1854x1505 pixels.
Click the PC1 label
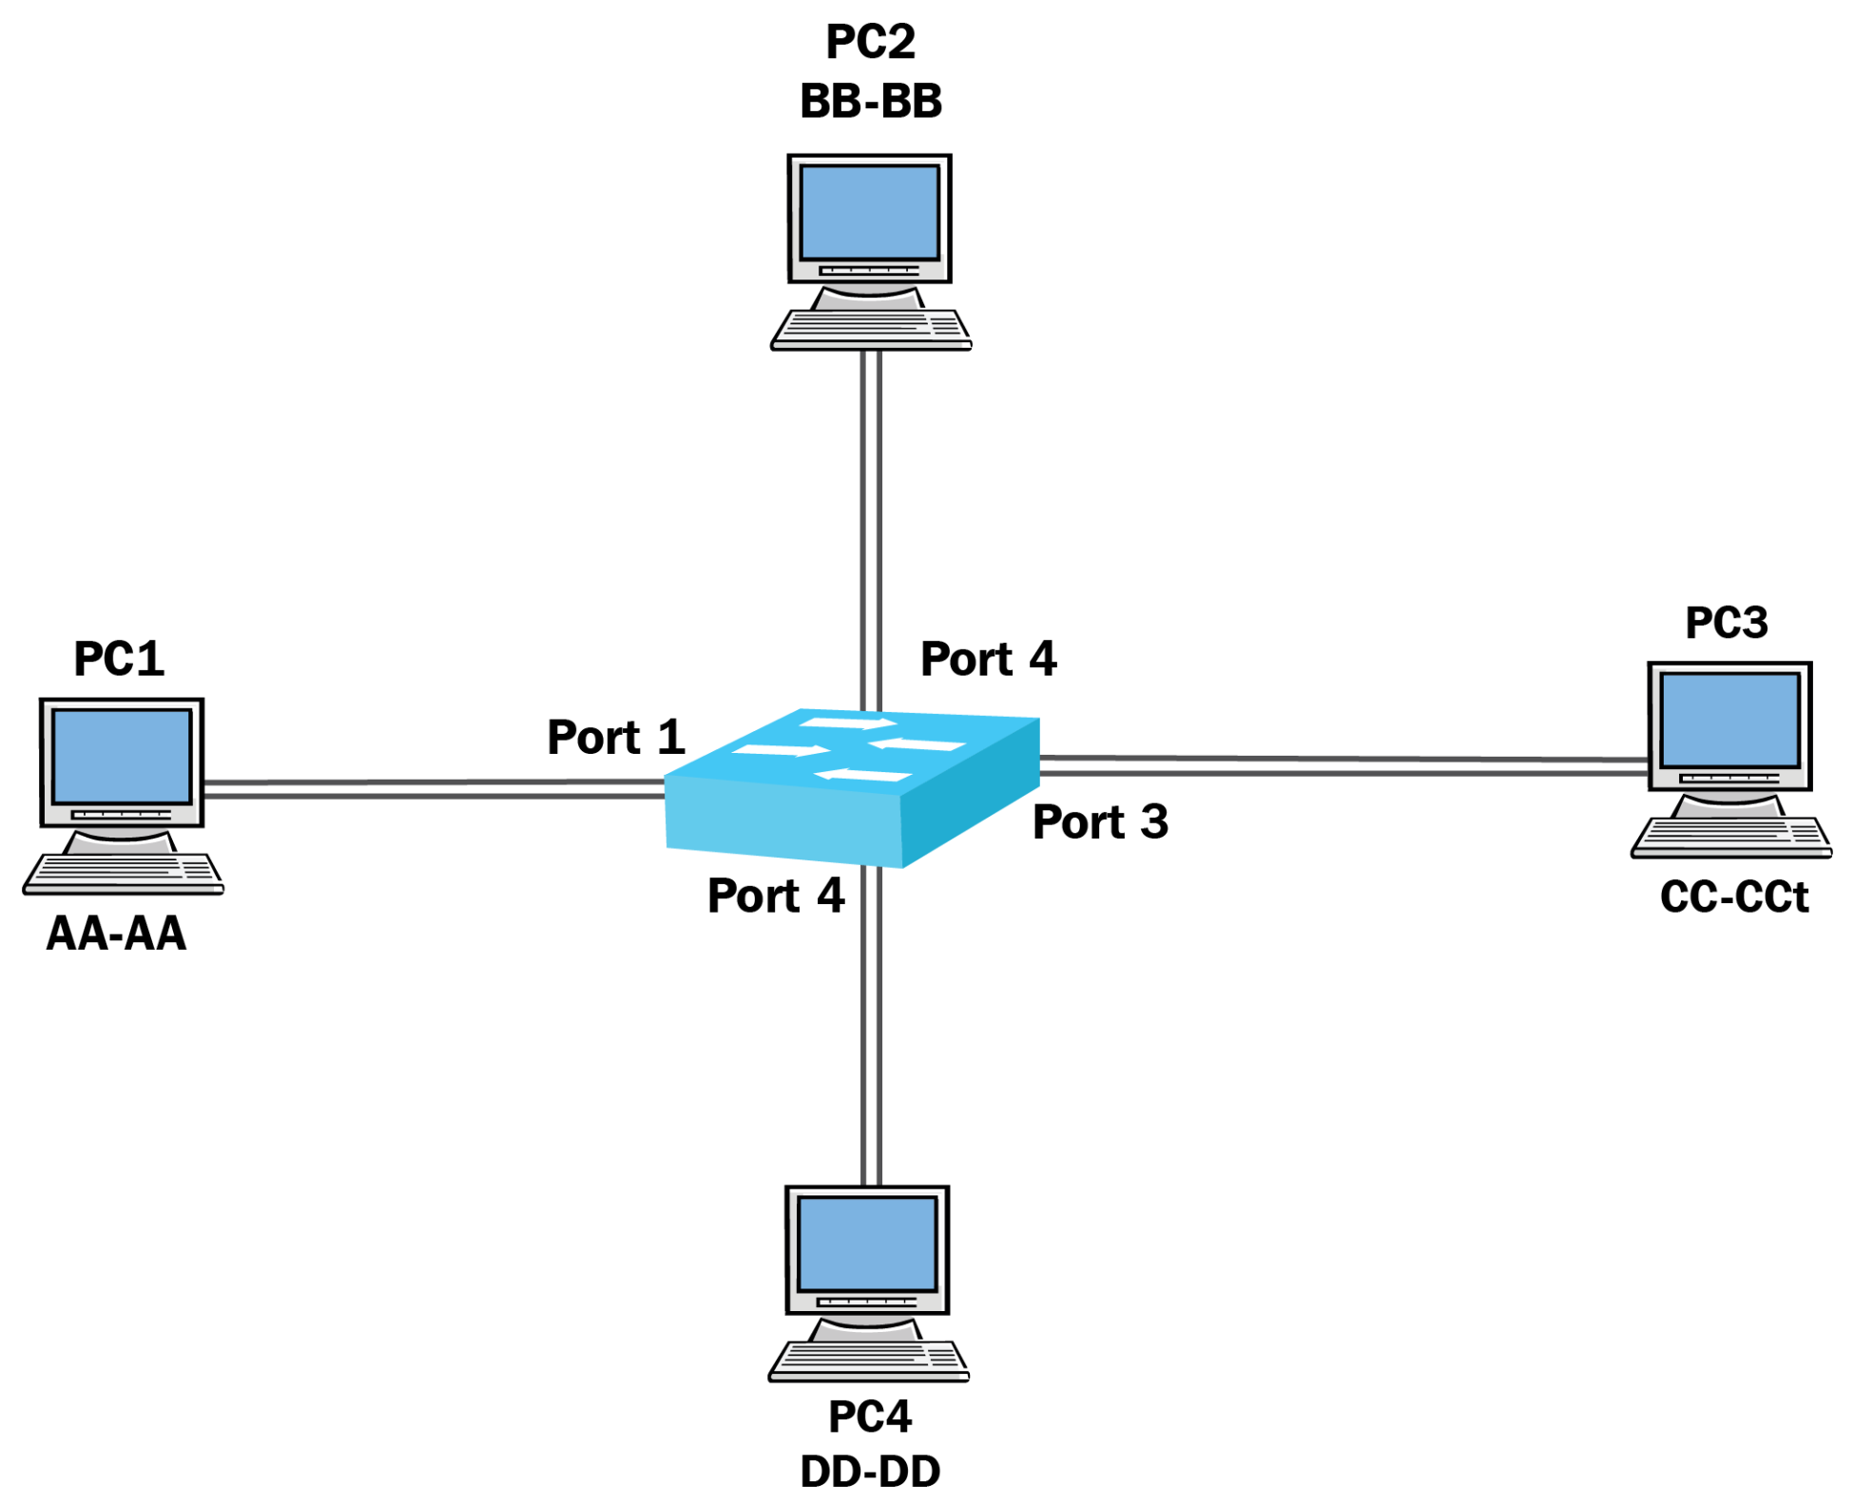pyautogui.click(x=119, y=659)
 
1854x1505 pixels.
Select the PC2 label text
pyautogui.click(x=870, y=42)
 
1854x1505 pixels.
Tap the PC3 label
pyautogui.click(x=1726, y=624)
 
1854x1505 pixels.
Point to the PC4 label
pyautogui.click(x=870, y=1417)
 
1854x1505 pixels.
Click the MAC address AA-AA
pyautogui.click(x=117, y=934)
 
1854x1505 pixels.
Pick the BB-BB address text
pyautogui.click(x=871, y=102)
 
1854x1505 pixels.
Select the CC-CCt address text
pyautogui.click(x=1733, y=897)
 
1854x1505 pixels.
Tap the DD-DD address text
pyautogui.click(x=870, y=1472)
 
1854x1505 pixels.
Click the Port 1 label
pyautogui.click(x=615, y=738)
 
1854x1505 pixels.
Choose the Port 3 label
pyautogui.click(x=1100, y=822)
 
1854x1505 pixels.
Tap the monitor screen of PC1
pyautogui.click(x=122, y=757)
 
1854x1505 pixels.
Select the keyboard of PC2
pyautogui.click(x=871, y=329)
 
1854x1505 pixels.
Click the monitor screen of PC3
pyautogui.click(x=1729, y=721)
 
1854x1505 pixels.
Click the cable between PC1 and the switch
pyautogui.click(x=433, y=789)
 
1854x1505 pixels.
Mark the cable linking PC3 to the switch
pyautogui.click(x=1341, y=765)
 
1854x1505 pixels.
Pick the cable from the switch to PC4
pyautogui.click(x=871, y=1027)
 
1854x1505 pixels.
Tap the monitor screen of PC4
pyautogui.click(x=867, y=1244)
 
